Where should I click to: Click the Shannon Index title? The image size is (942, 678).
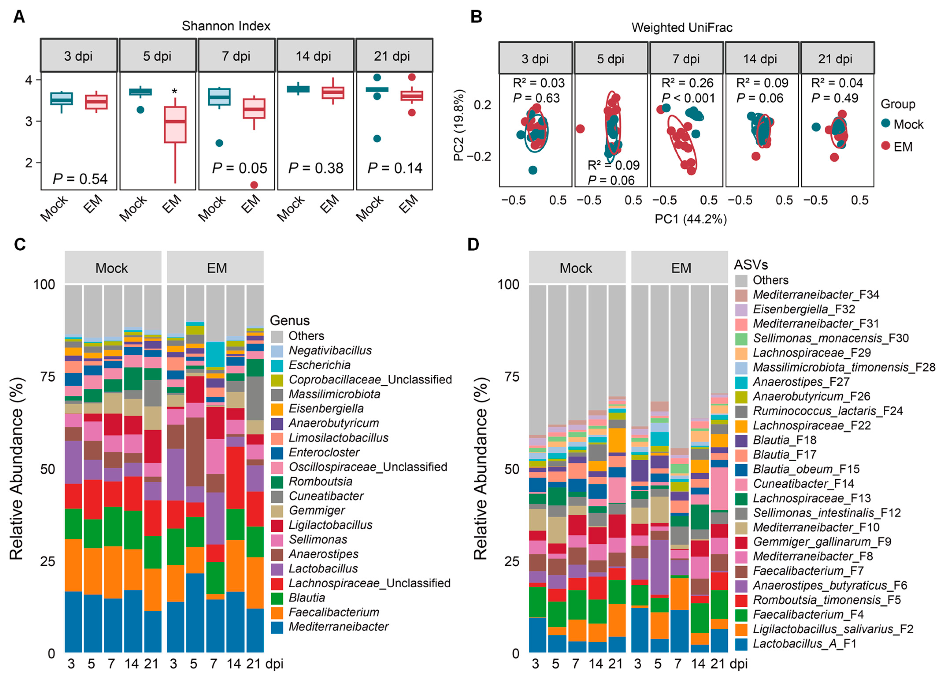pos(226,26)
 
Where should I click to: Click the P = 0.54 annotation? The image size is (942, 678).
pos(80,179)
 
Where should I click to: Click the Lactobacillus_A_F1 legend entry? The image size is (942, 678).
pos(804,643)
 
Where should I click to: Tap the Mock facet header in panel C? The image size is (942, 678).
pos(112,268)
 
